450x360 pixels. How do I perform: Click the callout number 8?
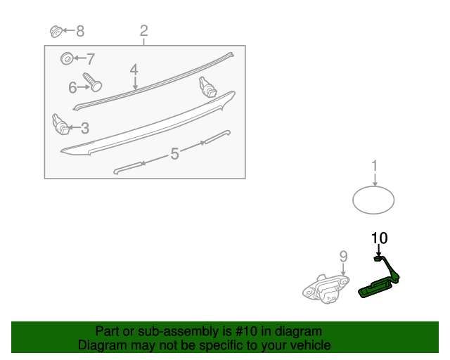pyautogui.click(x=80, y=31)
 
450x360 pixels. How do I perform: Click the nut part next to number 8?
pyautogui.click(x=56, y=32)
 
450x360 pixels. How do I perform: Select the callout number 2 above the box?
pyautogui.click(x=143, y=31)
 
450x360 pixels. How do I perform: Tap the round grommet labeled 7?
pyautogui.click(x=67, y=58)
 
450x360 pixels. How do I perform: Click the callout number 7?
pyautogui.click(x=91, y=59)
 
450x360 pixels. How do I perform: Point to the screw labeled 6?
pyautogui.click(x=92, y=82)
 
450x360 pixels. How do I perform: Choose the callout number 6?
pyautogui.click(x=72, y=87)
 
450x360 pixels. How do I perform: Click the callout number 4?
pyautogui.click(x=134, y=70)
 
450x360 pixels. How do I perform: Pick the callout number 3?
pyautogui.click(x=85, y=128)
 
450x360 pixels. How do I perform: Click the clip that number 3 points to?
pyautogui.click(x=60, y=124)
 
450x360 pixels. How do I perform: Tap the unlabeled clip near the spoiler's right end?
pyautogui.click(x=207, y=87)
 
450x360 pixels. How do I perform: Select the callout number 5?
pyautogui.click(x=175, y=153)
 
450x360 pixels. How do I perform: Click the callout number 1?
pyautogui.click(x=374, y=166)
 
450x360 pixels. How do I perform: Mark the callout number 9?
pyautogui.click(x=344, y=257)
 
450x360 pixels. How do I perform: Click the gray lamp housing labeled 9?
pyautogui.click(x=326, y=289)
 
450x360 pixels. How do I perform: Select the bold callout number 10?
pyautogui.click(x=380, y=238)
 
